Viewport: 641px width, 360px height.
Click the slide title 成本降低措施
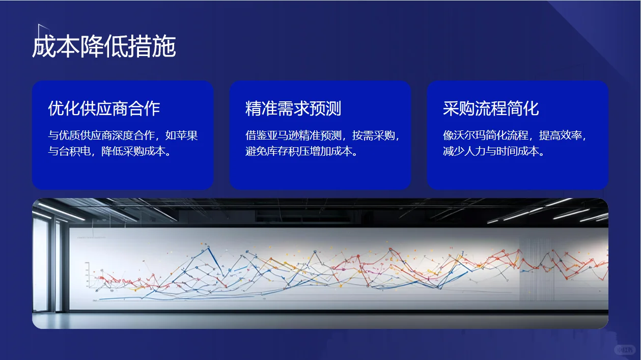click(x=104, y=47)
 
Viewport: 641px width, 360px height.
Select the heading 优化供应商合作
click(x=104, y=108)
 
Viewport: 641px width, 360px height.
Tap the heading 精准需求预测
click(x=293, y=108)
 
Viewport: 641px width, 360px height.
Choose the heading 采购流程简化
click(x=491, y=108)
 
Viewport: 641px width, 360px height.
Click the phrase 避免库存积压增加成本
click(x=299, y=152)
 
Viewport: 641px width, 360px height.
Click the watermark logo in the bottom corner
click(x=625, y=350)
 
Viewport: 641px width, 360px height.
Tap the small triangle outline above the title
click(x=43, y=30)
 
